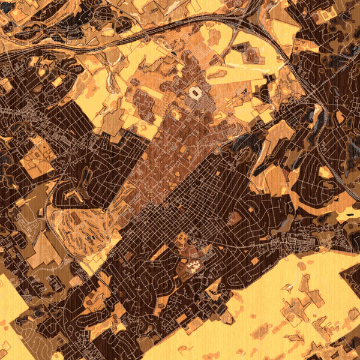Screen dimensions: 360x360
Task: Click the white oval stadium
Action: click(196, 93)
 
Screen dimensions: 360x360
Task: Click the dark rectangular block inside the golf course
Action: click(89, 239)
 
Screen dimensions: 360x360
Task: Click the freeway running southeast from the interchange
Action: click(312, 96)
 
